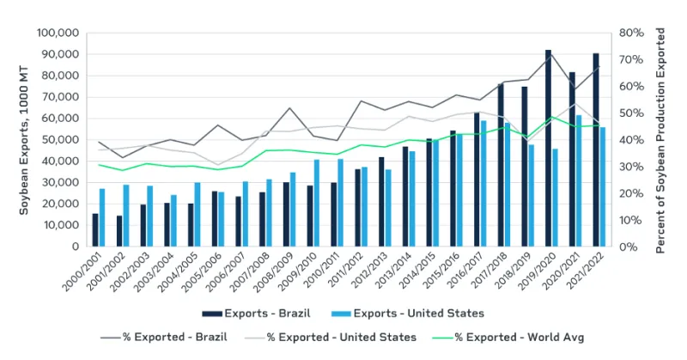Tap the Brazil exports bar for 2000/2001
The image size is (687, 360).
[x=95, y=229]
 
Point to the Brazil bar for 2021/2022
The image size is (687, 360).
[x=596, y=149]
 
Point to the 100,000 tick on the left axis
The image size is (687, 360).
[x=59, y=33]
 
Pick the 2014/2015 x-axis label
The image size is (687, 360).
[x=417, y=272]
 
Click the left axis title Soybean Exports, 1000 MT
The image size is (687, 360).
[x=16, y=139]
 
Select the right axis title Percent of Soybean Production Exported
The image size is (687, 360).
[x=661, y=139]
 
